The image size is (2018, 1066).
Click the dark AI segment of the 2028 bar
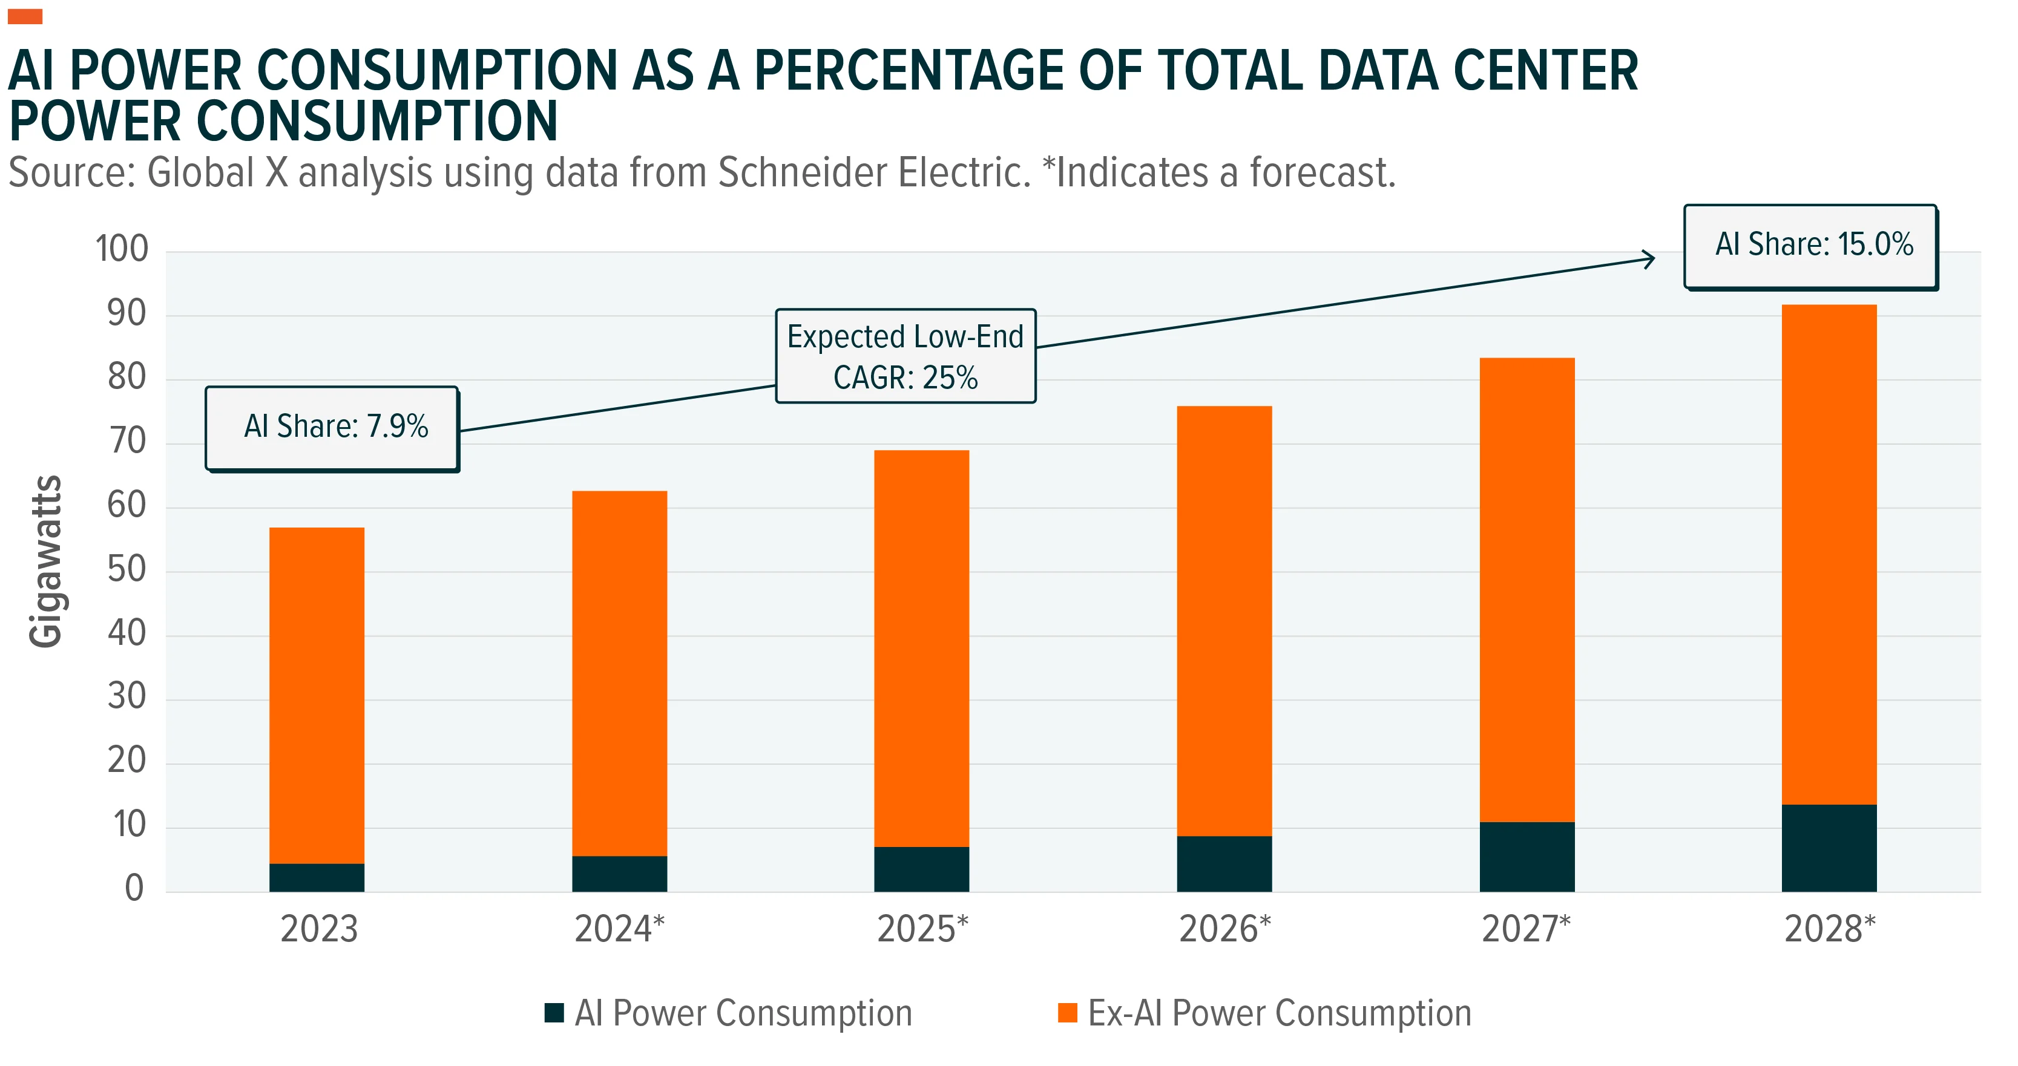click(1829, 848)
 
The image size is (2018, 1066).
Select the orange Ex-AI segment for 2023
click(317, 696)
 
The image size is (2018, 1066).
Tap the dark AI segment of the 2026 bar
click(1224, 864)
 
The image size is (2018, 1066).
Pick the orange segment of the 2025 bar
click(921, 649)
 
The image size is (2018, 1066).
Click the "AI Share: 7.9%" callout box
click(332, 428)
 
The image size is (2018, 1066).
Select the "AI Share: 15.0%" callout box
click(1811, 247)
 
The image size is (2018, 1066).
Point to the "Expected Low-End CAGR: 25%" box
click(905, 356)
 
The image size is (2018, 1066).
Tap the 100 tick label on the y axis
click(122, 249)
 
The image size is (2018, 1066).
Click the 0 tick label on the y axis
click(135, 888)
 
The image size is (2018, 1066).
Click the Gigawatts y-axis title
click(45, 561)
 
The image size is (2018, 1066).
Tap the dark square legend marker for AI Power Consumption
click(554, 1013)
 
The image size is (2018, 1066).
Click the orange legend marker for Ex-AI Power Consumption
click(1067, 1013)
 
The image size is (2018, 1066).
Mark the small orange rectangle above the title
click(25, 16)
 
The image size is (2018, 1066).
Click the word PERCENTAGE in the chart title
click(909, 71)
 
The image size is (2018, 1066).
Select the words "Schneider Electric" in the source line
click(874, 172)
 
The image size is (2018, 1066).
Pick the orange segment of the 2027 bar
click(1527, 590)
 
